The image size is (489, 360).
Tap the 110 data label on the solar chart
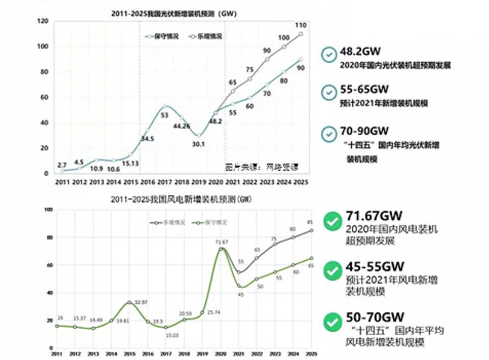tap(300, 25)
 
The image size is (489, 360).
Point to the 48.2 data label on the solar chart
tap(215, 122)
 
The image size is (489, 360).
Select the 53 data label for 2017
tap(164, 115)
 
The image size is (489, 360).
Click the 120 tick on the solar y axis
tap(43, 21)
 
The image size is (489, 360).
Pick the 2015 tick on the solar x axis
tap(130, 182)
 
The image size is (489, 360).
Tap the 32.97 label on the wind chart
tap(142, 303)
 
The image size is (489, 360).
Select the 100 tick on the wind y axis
tap(47, 210)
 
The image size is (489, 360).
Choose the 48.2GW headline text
tap(361, 53)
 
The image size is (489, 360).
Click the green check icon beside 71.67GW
tap(332, 222)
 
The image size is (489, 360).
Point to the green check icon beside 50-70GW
tap(332, 320)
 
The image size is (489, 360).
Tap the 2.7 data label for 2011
tap(62, 165)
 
